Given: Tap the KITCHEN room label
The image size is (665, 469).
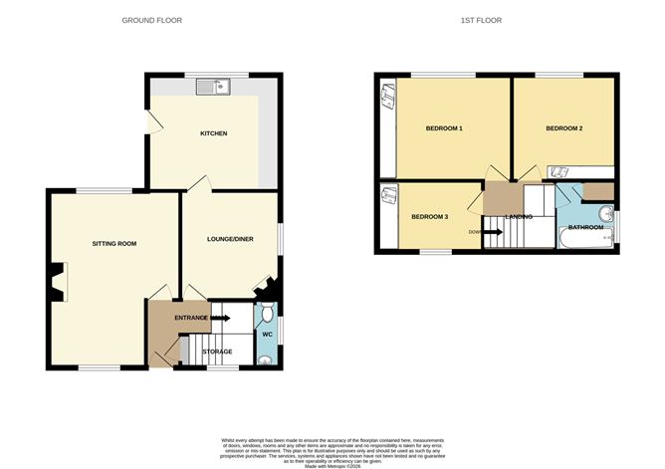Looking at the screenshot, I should coord(214,133).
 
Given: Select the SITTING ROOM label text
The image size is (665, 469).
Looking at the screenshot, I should coord(113,243).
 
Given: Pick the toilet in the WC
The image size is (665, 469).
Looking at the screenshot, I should coord(265,315).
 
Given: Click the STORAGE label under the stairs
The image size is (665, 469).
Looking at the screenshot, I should coord(217,352).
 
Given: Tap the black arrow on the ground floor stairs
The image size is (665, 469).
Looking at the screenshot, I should coord(220,318).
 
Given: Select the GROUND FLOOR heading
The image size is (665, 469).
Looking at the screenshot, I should coord(151,21).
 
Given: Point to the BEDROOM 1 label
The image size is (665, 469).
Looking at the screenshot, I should coord(444,128).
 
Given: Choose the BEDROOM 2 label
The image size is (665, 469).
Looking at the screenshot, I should coord(563,128).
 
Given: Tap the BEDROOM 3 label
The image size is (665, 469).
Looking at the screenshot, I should coord(429,216).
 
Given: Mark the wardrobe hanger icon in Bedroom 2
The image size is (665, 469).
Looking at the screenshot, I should coord(560,170).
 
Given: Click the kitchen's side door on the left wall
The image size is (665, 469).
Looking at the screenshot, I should coord(149,121).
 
